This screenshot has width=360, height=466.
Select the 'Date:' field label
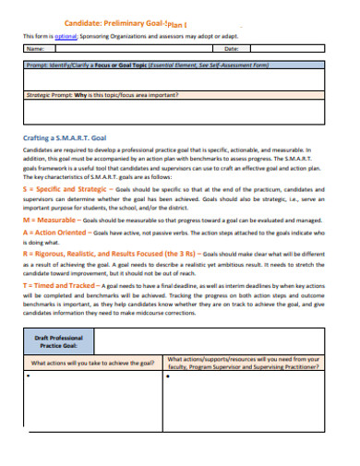click(232, 49)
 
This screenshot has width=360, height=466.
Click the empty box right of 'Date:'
click(291, 49)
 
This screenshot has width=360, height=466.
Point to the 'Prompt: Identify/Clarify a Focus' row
click(148, 66)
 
